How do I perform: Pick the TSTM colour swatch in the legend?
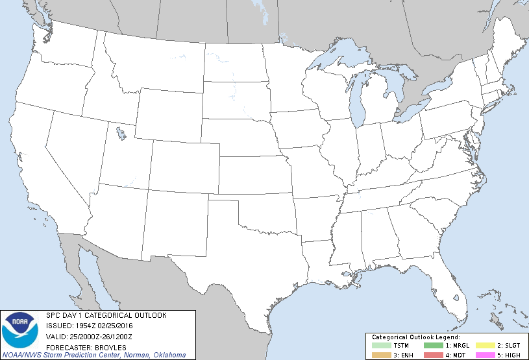[x=382, y=345]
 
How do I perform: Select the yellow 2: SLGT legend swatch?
[x=486, y=345]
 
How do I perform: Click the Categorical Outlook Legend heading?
[x=415, y=337]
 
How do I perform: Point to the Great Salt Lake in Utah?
[x=121, y=134]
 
